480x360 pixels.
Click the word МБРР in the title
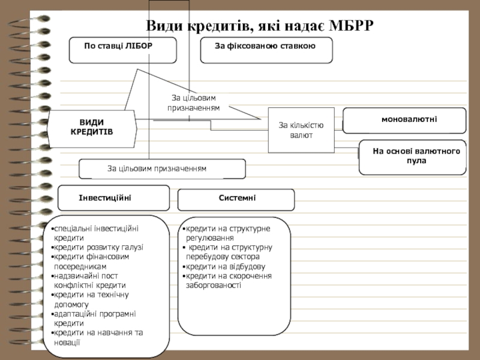pos(351,25)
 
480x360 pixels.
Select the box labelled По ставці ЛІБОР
pos(123,50)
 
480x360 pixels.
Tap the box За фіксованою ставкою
pos(266,50)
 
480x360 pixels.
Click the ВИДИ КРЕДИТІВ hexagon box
pos(92,129)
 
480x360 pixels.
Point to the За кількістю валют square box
pos(301,130)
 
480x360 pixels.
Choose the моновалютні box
pos(404,121)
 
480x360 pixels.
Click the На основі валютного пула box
pos(413,157)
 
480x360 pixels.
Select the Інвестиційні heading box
pos(113,198)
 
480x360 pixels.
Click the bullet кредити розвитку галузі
pos(97,247)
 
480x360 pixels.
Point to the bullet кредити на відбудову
pos(224,266)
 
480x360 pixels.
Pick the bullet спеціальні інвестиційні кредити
pos(95,233)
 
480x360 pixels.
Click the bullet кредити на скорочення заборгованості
pos(227,280)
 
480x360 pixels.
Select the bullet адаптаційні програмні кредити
pos(94,319)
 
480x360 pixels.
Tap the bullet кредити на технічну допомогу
pos(91,299)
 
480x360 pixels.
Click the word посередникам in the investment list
pos(80,266)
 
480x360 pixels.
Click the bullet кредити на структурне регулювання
pos(227,233)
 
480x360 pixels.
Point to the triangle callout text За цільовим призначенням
pos(193,103)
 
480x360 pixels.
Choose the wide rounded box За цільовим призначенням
pos(162,169)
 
